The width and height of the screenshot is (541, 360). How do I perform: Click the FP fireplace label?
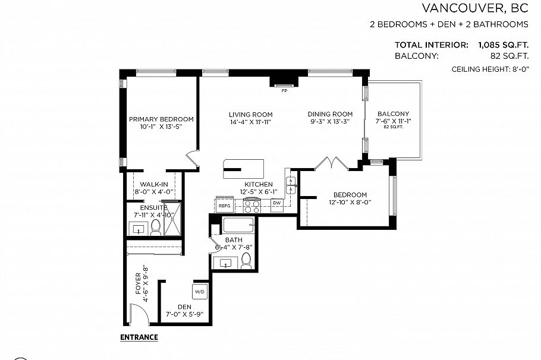point(284,91)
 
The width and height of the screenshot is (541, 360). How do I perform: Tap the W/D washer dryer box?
point(199,292)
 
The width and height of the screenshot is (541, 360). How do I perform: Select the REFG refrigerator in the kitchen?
point(224,206)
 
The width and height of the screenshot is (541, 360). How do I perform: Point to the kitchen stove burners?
point(252,206)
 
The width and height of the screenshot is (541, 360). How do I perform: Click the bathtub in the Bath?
point(238,226)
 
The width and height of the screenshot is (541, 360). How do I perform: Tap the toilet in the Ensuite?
point(156,226)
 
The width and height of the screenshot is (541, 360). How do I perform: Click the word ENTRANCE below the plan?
point(139,337)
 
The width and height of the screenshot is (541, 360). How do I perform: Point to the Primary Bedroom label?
point(161,119)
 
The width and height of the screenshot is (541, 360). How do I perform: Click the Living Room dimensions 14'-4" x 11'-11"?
point(250,122)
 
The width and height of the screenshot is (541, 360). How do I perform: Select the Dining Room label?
point(330,114)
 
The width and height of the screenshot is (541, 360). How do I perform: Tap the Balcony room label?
point(393,114)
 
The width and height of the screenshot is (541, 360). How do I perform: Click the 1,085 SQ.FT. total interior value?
point(499,45)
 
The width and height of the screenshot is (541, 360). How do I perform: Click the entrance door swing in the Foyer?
point(137,312)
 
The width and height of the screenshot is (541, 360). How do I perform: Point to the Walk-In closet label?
point(154,184)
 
